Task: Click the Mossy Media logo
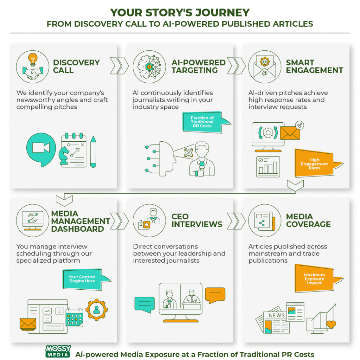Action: click(58, 351)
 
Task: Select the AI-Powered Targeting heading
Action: click(198, 66)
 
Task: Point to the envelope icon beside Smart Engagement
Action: click(264, 66)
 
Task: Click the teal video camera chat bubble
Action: click(41, 148)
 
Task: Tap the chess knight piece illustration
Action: click(64, 156)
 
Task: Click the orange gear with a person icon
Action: click(96, 309)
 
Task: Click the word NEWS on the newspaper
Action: click(277, 315)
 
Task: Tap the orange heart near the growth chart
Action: click(331, 324)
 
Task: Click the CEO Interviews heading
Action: click(197, 220)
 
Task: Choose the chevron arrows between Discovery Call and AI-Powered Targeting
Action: click(120, 65)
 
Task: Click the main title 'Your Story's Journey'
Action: click(180, 13)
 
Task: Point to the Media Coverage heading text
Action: click(308, 220)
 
